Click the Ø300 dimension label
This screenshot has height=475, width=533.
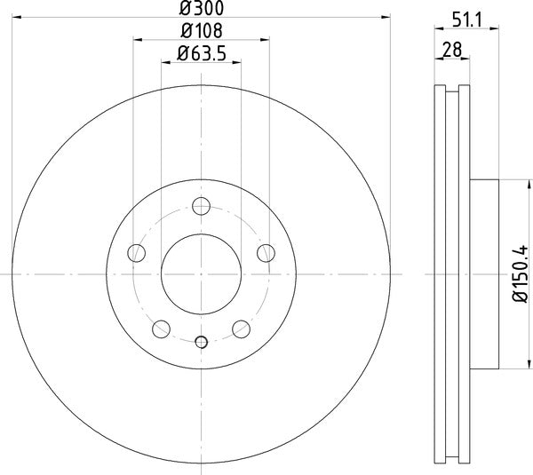pyautogui.click(x=201, y=9)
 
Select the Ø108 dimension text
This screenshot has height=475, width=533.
pyautogui.click(x=200, y=32)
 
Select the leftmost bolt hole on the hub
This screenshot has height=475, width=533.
pyautogui.click(x=137, y=255)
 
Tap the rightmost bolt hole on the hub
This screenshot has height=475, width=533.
pyautogui.click(x=265, y=255)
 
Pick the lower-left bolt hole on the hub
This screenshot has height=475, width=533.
pyautogui.click(x=161, y=330)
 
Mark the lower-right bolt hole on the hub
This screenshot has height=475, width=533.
pyautogui.click(x=240, y=330)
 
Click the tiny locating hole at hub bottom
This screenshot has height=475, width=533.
pyautogui.click(x=201, y=342)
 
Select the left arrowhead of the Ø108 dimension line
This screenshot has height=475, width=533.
pyautogui.click(x=137, y=38)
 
